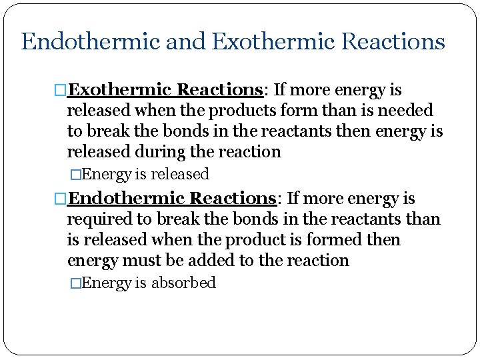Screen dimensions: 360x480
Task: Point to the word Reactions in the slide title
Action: (393, 42)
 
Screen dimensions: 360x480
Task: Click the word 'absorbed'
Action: (184, 283)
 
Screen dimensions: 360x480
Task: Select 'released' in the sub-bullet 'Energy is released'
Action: (180, 174)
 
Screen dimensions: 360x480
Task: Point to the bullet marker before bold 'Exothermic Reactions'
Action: (61, 90)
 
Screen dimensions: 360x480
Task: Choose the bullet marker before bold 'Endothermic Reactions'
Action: (61, 199)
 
